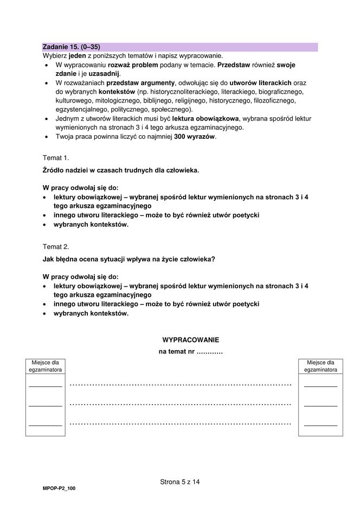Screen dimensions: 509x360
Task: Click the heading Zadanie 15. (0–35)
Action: (x=71, y=47)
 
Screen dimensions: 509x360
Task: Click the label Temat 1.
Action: (x=56, y=157)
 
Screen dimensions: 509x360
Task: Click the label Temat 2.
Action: (x=56, y=246)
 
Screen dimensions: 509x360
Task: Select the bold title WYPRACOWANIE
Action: (x=190, y=340)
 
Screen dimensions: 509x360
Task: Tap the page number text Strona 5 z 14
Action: (x=180, y=481)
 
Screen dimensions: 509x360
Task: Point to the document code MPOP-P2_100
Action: (x=59, y=489)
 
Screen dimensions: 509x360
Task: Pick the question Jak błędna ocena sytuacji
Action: (x=128, y=259)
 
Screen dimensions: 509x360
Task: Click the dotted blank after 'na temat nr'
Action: (x=209, y=352)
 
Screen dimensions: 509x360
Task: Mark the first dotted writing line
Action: (x=181, y=385)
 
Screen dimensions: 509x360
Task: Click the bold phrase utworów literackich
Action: (x=261, y=82)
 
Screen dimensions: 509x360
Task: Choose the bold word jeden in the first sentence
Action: (x=78, y=56)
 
